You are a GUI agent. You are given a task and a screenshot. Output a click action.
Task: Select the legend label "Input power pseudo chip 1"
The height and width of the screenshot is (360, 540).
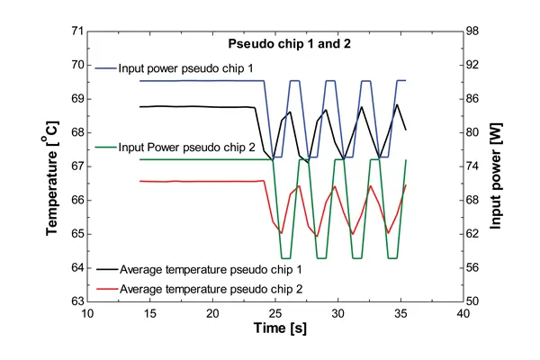pos(184,67)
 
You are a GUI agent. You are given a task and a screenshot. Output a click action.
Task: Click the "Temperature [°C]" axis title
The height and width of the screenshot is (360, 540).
pos(55,167)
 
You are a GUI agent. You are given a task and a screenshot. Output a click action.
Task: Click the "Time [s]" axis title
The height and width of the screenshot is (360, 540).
pos(274,331)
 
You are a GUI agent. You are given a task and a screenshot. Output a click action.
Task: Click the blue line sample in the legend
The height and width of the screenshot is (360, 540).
pos(105,67)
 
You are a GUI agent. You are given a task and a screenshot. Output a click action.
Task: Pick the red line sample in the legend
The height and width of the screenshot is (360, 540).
pos(105,288)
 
